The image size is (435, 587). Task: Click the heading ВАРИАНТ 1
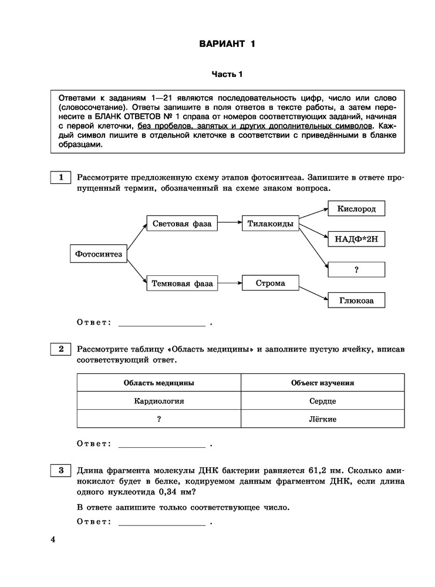[227, 44]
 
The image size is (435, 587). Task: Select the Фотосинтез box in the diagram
[99, 254]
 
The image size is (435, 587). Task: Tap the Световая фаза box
[181, 224]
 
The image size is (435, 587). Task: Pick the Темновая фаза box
[183, 283]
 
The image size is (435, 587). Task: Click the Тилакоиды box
[271, 224]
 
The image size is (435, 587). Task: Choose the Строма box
[271, 283]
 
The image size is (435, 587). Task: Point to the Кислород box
[356, 209]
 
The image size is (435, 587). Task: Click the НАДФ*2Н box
[356, 239]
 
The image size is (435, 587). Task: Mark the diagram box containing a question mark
[356, 269]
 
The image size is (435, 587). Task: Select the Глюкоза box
[356, 300]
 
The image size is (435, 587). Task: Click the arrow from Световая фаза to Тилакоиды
[230, 224]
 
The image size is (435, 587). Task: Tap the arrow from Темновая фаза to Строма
[230, 283]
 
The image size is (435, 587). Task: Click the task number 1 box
[60, 177]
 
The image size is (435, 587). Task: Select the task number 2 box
[60, 349]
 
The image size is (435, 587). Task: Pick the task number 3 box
[60, 470]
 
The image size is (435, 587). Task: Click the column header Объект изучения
[322, 383]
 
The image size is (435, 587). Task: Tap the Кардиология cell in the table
[159, 401]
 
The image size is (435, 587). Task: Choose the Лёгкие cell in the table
[322, 419]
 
